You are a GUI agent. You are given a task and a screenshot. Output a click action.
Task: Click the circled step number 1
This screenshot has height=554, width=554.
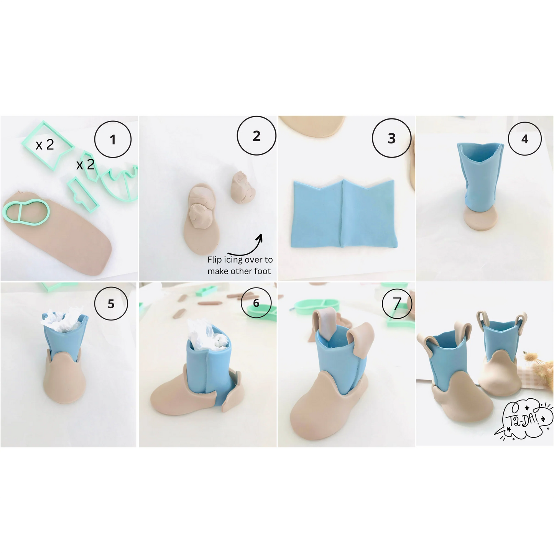click(x=113, y=140)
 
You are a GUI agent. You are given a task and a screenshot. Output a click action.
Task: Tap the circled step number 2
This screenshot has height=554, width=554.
click(x=256, y=136)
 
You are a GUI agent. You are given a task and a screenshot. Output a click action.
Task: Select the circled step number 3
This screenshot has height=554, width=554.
click(x=391, y=138)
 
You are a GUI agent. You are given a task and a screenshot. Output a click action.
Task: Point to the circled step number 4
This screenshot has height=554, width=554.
click(x=524, y=139)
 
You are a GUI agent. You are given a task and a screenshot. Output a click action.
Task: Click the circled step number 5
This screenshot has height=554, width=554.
click(x=111, y=304)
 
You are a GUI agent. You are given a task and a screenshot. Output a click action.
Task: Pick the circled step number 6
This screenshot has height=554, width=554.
click(x=256, y=303)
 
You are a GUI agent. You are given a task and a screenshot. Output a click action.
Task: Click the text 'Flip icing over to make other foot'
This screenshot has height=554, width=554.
click(x=240, y=265)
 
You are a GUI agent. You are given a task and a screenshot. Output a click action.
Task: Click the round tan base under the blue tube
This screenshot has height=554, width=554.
click(x=480, y=220)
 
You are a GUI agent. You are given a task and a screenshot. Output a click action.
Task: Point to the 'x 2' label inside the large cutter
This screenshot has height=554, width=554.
click(x=44, y=145)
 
